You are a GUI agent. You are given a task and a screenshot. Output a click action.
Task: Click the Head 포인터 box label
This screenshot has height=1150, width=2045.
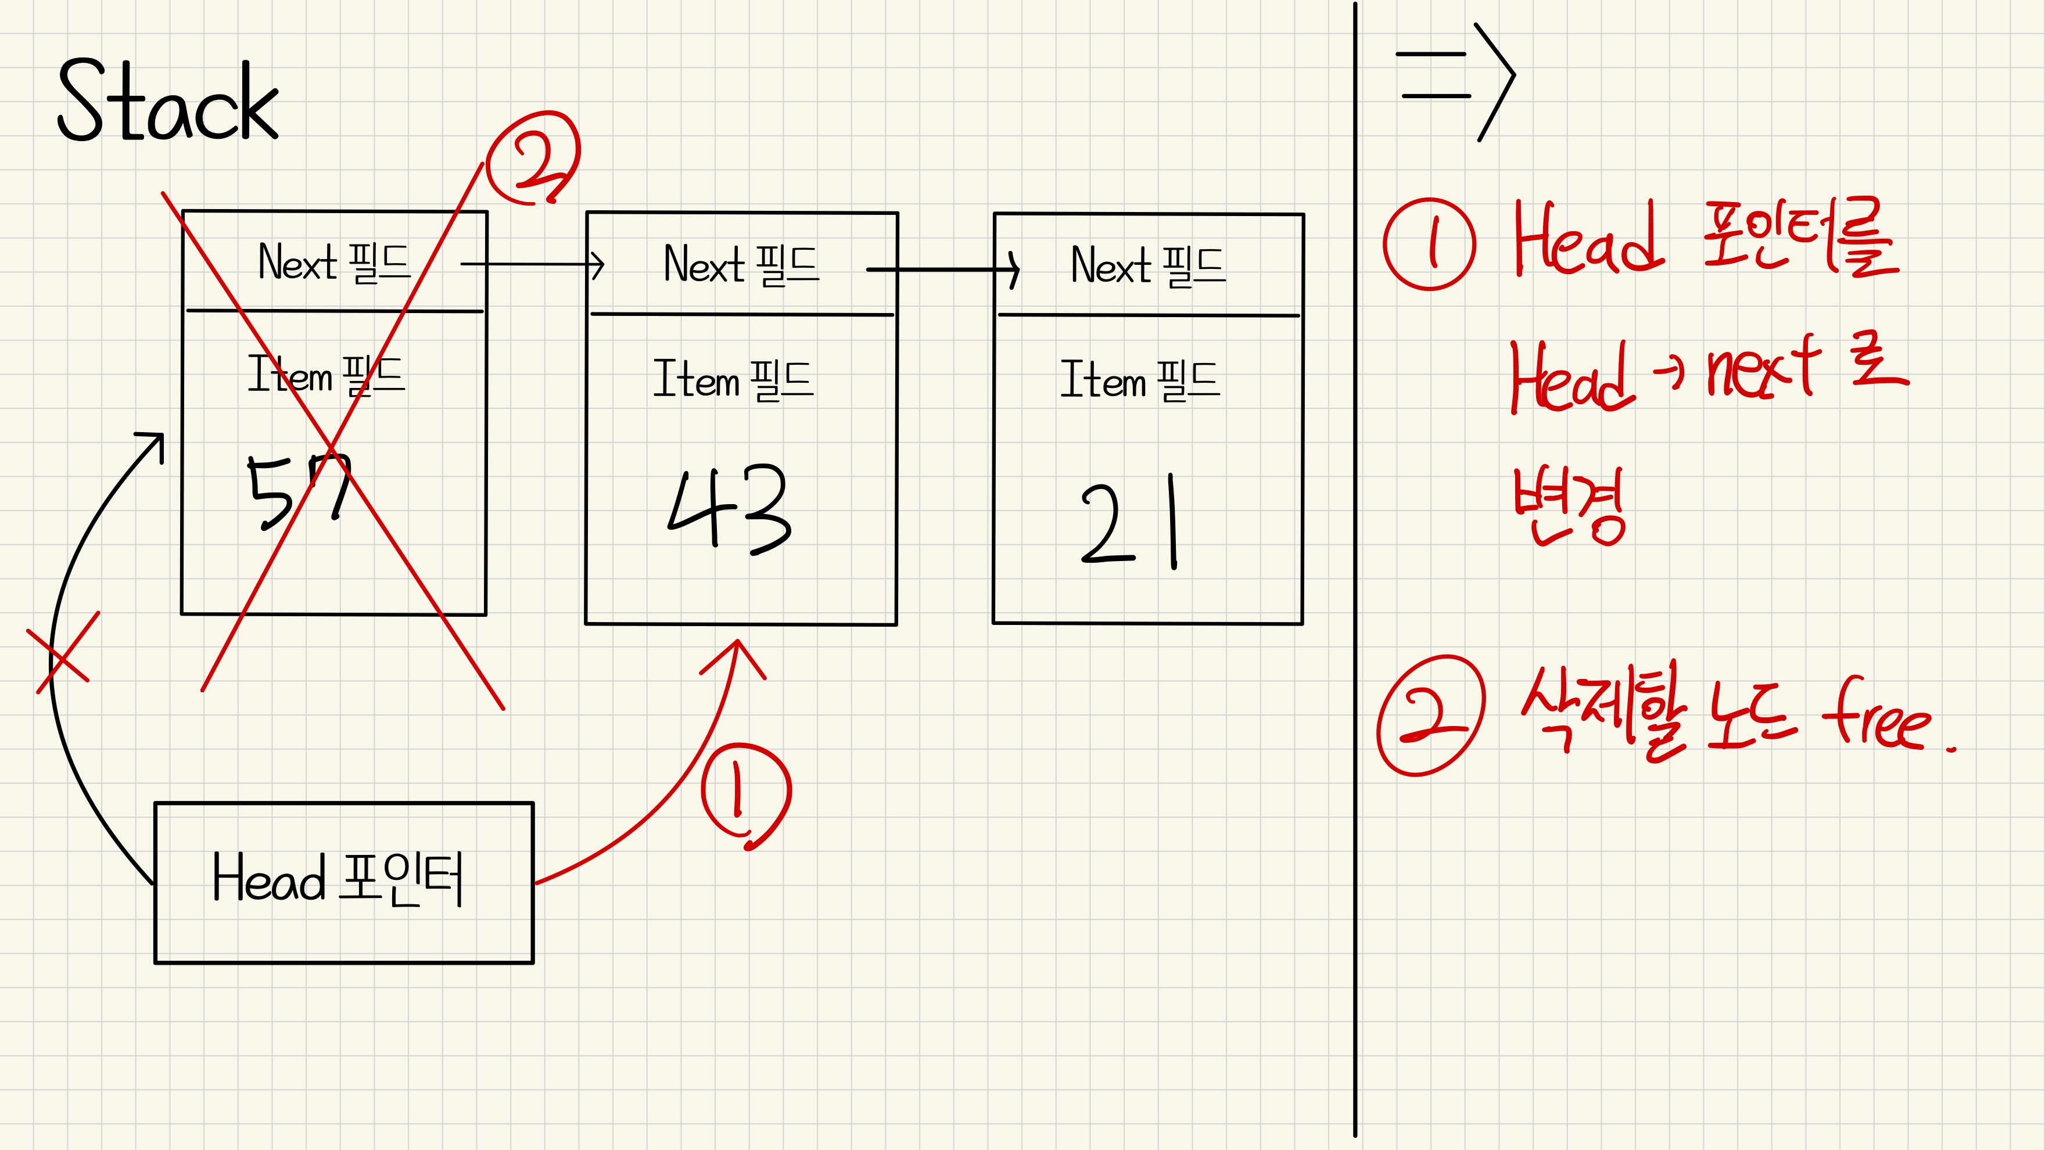point(338,879)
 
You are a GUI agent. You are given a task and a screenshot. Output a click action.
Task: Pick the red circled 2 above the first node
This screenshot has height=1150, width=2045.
point(533,158)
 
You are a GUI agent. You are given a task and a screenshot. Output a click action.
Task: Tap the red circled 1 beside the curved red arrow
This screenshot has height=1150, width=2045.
point(745,793)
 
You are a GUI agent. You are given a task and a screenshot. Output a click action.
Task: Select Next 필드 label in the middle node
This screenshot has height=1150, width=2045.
point(741,264)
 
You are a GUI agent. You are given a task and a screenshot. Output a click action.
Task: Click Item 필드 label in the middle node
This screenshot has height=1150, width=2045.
point(733,379)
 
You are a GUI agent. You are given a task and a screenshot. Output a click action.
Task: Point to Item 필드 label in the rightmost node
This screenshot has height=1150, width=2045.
point(1140,379)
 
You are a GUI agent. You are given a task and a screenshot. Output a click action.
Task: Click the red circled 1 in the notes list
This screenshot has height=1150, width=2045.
point(1429,244)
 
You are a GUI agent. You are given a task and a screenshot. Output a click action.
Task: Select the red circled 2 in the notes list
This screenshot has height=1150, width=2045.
point(1430,715)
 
